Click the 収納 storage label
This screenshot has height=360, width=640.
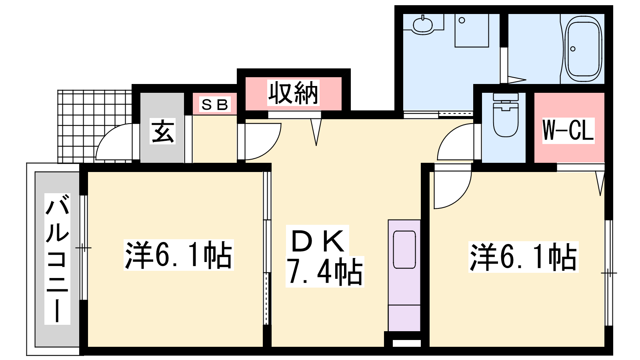click(293, 92)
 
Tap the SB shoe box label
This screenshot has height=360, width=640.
click(214, 104)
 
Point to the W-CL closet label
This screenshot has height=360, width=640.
click(568, 130)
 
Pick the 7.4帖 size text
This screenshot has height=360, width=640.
click(324, 272)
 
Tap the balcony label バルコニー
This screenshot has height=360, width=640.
click(57, 258)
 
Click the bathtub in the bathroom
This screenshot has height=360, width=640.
click(584, 48)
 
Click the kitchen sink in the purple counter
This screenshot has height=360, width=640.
click(404, 250)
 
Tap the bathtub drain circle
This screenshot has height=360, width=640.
click(572, 49)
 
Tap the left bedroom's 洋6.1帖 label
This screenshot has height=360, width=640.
click(178, 255)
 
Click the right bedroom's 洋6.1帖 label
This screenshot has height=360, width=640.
click(523, 256)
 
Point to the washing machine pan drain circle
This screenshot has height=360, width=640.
click(462, 20)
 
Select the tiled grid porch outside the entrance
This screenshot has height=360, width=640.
click(94, 126)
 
